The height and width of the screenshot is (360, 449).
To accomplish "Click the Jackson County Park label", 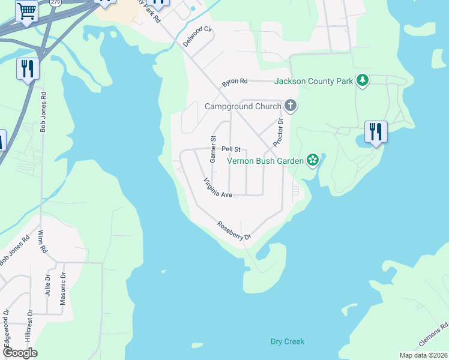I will click(x=313, y=81).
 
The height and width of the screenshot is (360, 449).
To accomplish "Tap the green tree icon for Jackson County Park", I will click(x=362, y=80).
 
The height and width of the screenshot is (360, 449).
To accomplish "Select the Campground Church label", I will click(x=243, y=107).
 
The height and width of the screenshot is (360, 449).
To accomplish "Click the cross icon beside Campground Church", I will click(x=291, y=106).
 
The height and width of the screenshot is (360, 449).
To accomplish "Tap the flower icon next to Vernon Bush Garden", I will click(x=312, y=160).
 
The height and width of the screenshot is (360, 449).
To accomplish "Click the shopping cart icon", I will click(x=26, y=11).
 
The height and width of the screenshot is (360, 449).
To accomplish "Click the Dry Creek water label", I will click(x=288, y=341).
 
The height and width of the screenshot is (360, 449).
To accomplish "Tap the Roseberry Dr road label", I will click(x=234, y=231).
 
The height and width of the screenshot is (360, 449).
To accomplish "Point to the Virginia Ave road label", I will click(x=217, y=188).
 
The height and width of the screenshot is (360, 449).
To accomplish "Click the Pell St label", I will click(x=231, y=149).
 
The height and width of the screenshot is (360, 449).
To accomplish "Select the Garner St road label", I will click(x=212, y=149).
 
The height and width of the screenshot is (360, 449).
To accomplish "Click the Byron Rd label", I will click(x=235, y=82).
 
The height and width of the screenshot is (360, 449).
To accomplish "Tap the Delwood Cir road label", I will click(x=198, y=37).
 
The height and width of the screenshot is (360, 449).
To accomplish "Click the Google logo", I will click(x=19, y=353).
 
